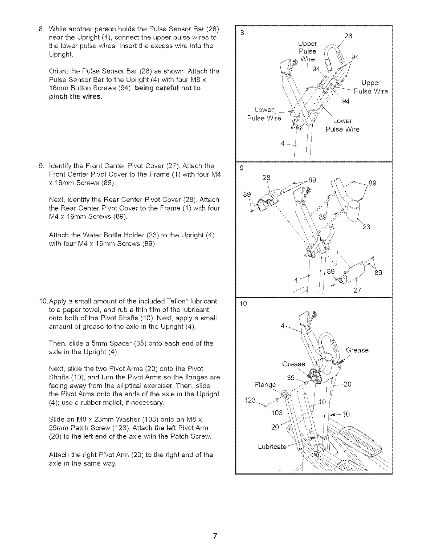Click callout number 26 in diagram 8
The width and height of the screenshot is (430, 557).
click(348, 37)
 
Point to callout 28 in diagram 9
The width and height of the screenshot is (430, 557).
click(266, 178)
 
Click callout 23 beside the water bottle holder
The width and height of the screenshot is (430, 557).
click(366, 227)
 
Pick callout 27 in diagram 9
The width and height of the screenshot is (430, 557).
click(358, 290)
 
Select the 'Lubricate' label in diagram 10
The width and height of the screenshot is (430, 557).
click(272, 447)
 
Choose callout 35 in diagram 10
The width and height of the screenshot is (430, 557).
click(291, 378)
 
